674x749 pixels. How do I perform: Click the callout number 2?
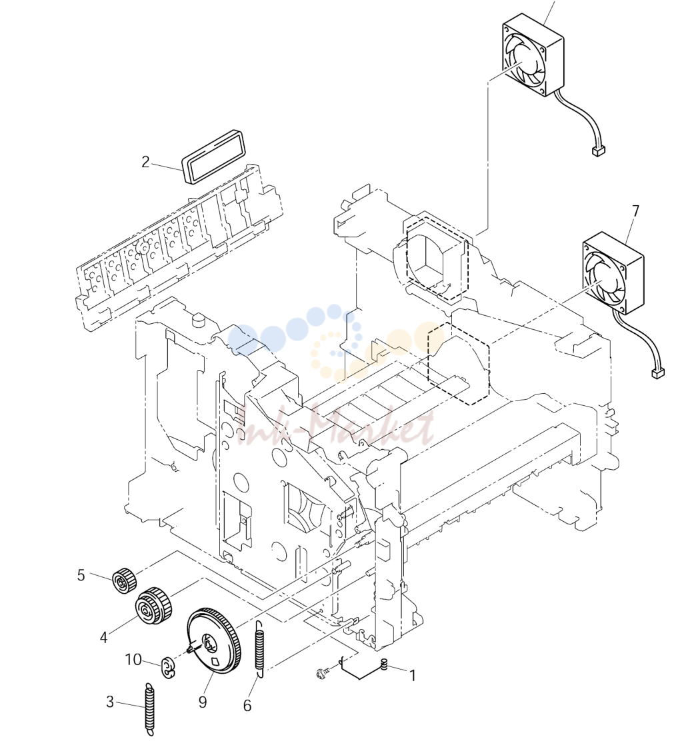[145, 162]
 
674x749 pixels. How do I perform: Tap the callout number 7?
[635, 211]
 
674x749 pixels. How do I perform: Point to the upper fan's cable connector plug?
[597, 151]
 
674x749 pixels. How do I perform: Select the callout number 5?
[81, 575]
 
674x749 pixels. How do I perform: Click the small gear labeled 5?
[124, 580]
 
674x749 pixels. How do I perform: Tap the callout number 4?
[104, 637]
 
